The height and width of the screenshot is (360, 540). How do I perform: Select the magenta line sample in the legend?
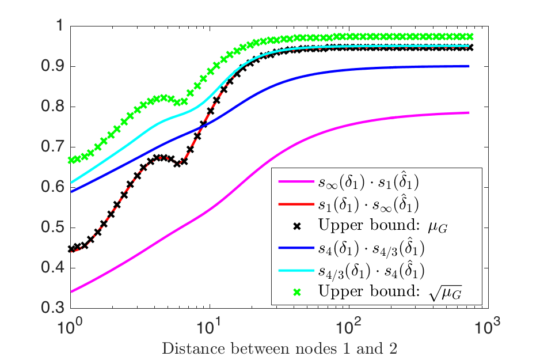click(295, 183)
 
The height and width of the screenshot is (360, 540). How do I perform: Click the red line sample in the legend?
click(295, 204)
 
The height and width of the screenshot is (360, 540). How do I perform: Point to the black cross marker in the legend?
click(295, 226)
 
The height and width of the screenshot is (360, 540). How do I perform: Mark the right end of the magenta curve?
click(469, 112)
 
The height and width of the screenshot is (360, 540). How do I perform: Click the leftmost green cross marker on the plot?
click(71, 160)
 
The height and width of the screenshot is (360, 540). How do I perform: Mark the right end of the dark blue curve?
click(469, 66)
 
